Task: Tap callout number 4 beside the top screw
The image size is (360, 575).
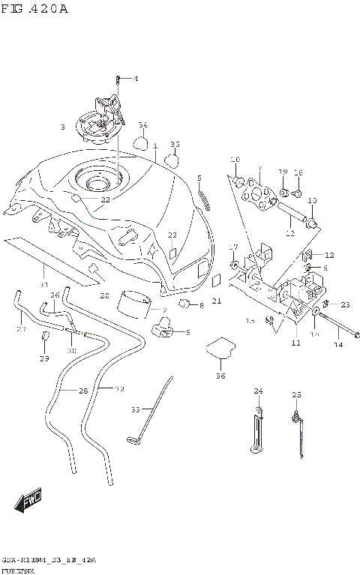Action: (x=136, y=78)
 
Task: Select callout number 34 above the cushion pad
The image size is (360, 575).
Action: (x=142, y=125)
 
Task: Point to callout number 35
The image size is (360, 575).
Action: (x=175, y=144)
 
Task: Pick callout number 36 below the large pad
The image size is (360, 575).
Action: (x=220, y=376)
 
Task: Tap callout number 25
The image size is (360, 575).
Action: (x=296, y=394)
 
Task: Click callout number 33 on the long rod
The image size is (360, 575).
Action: (x=136, y=409)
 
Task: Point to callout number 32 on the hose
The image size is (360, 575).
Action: (x=119, y=388)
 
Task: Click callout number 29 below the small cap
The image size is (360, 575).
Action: (x=44, y=359)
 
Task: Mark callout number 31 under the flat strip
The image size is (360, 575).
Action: (x=43, y=285)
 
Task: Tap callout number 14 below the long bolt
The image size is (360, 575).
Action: (x=337, y=345)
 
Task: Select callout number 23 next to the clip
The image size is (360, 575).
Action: (x=345, y=304)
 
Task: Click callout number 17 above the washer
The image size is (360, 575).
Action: (x=233, y=247)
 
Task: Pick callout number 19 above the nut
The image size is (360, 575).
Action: (x=283, y=172)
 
